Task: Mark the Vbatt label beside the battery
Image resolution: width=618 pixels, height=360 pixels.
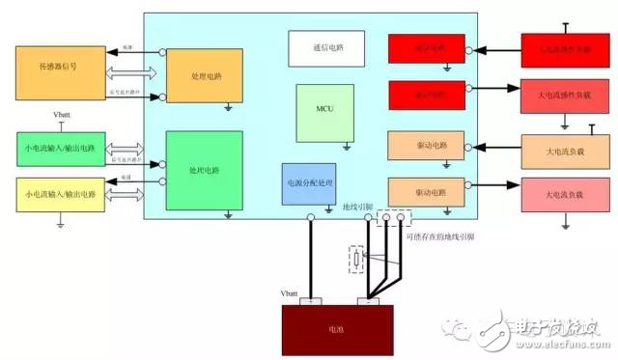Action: (290, 292)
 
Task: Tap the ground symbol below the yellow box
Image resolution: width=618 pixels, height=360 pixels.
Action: (60, 226)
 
